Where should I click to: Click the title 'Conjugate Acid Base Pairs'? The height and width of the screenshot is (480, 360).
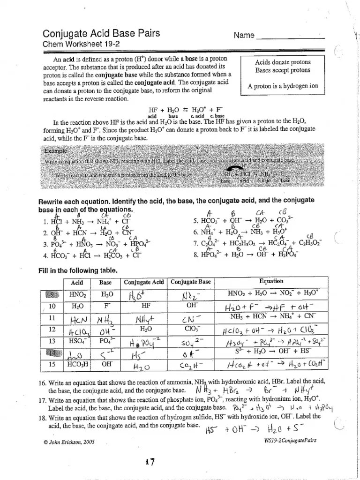pos(101,33)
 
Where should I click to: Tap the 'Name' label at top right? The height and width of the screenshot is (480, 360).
pos(244,36)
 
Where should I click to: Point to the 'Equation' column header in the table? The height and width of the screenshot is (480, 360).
pos(271,281)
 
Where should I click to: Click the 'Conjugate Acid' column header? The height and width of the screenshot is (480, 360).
pos(144,282)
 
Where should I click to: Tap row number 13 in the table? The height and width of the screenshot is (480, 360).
pos(52,328)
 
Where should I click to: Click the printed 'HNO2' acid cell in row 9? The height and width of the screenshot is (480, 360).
pos(78,294)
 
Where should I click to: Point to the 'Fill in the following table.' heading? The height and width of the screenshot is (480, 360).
pos(77,270)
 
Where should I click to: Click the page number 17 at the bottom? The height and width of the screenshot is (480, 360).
pos(150,462)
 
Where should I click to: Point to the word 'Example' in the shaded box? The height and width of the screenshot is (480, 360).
pos(56,151)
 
